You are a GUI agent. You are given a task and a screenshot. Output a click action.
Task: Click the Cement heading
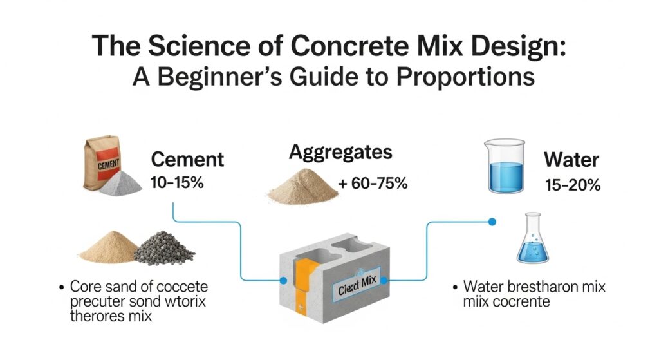click(187, 160)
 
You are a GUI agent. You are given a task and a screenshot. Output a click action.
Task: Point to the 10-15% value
click(177, 182)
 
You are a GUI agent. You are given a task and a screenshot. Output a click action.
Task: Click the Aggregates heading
click(340, 153)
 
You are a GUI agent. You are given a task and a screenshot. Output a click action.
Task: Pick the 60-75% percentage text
click(373, 183)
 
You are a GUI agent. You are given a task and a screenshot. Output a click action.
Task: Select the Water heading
click(572, 160)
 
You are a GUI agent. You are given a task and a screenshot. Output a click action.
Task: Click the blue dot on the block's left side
click(283, 281)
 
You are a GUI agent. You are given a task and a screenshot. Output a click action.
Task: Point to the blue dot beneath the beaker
click(492, 222)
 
